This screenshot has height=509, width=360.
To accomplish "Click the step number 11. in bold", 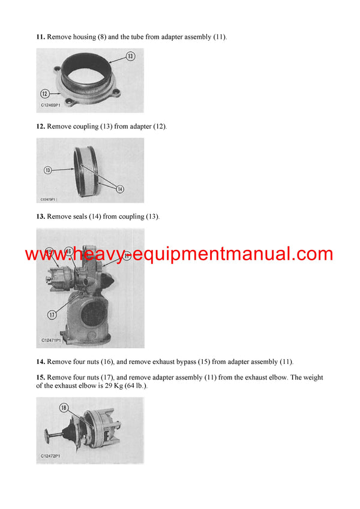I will pos(41,37).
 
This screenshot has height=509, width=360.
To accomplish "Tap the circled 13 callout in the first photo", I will pos(131,56).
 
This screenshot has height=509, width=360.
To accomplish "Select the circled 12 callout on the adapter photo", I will pos(44,93).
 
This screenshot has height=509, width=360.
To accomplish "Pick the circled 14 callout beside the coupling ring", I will pos(119,189).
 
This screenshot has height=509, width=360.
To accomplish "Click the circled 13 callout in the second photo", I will pos(48,170).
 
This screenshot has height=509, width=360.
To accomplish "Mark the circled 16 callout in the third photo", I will pos(68,252).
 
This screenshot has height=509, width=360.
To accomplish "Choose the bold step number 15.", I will pos(41,377).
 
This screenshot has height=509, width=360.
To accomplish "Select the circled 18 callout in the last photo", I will pos(64,408).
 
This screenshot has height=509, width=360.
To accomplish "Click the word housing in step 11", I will pos(83,37).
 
